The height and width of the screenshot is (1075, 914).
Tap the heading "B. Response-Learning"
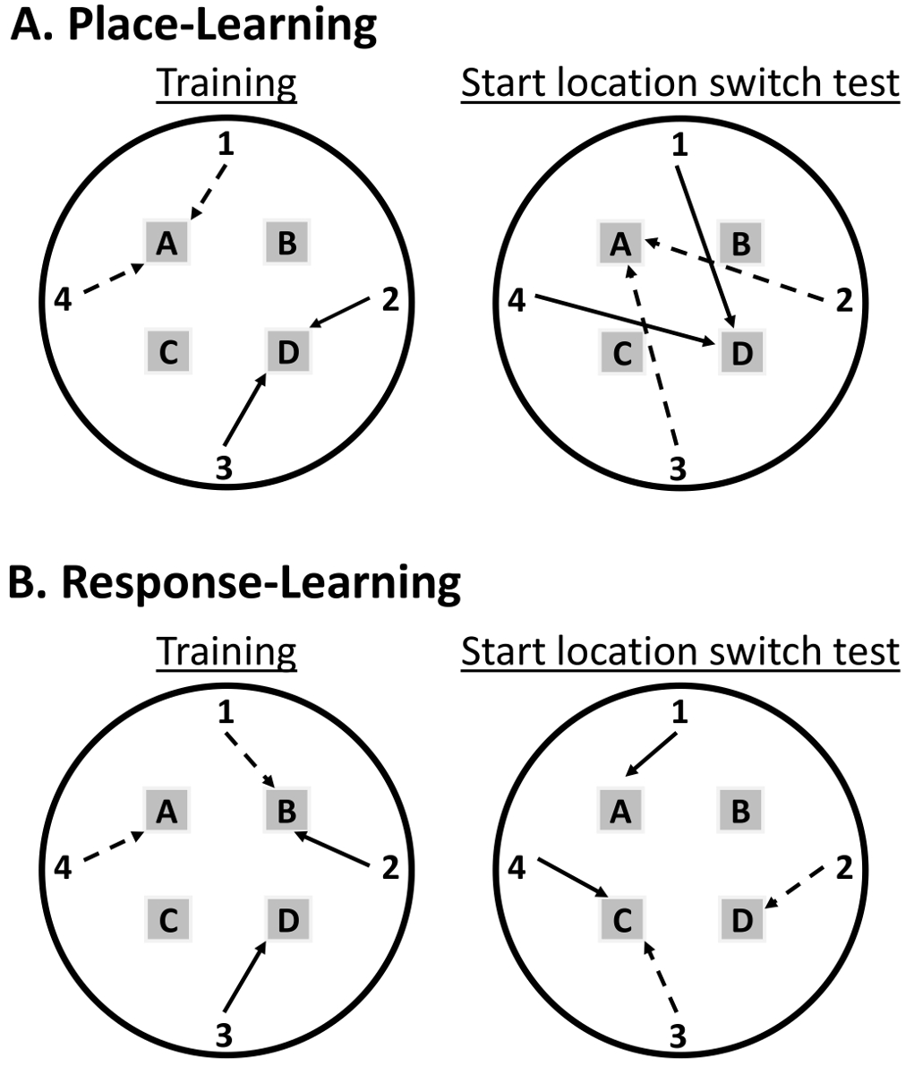(x=235, y=582)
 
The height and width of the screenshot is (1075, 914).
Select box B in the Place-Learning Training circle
(x=286, y=242)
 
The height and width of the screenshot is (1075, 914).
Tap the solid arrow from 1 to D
(x=707, y=246)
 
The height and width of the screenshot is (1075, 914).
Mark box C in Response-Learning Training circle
(x=167, y=919)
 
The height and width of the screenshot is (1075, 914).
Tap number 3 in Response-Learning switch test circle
(x=678, y=1036)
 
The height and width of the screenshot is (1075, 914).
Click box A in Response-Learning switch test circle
(x=620, y=812)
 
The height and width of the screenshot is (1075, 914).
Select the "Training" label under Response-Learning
(x=226, y=651)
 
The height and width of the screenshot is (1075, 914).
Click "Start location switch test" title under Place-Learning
(x=679, y=82)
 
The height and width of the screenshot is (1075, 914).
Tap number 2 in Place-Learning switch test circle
(x=842, y=302)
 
